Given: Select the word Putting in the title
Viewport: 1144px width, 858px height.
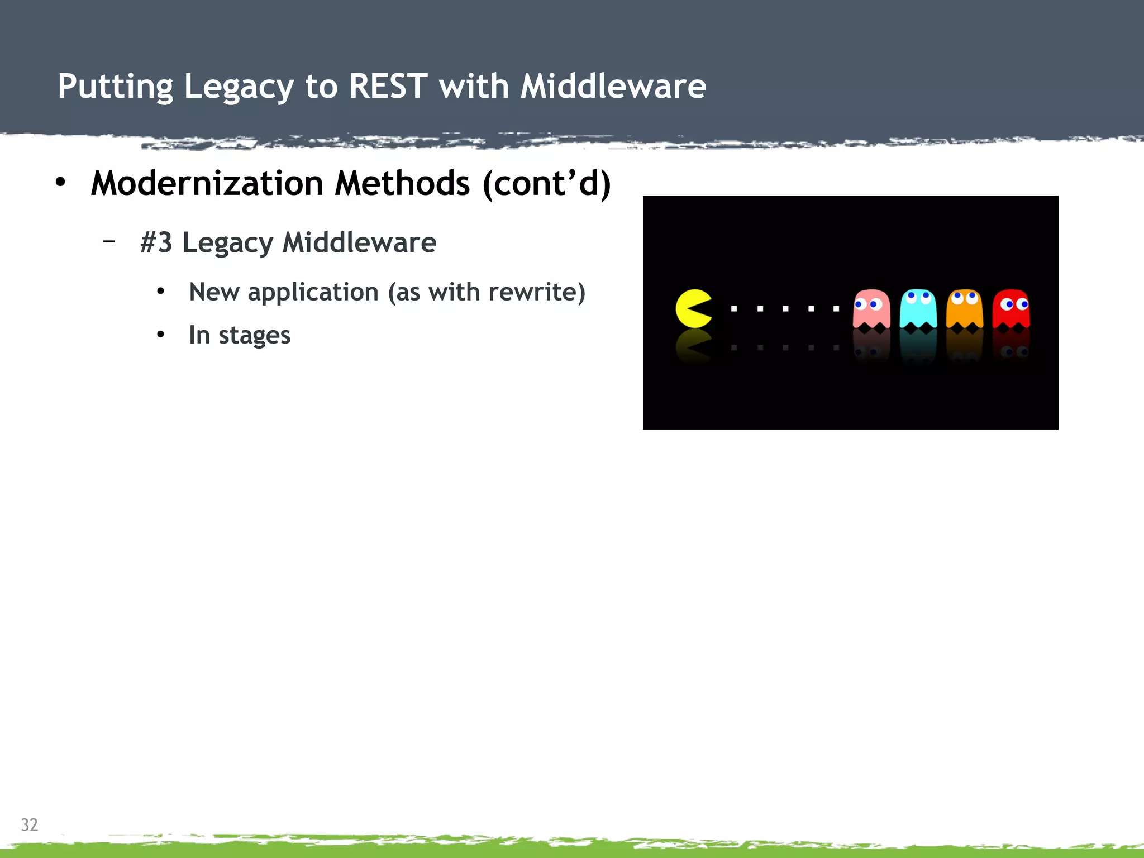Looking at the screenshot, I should pos(115,88).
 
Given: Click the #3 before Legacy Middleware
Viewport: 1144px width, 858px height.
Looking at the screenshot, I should pos(156,242).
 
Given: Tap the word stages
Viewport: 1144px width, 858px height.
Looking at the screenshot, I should pos(254,336).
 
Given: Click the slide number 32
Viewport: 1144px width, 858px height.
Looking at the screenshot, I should pos(30,824).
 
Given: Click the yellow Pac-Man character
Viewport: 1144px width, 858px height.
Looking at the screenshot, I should pos(693,308).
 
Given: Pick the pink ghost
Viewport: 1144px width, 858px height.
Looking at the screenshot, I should pos(871,308).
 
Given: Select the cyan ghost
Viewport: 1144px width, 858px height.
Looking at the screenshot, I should pos(918,308).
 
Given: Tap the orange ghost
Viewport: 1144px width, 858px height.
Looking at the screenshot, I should pos(964,308).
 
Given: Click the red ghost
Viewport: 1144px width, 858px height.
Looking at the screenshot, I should pos(1011,308).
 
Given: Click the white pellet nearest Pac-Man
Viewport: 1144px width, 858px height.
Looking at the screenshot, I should pos(734,308).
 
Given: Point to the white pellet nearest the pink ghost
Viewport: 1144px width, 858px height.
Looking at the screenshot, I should pos(836,308).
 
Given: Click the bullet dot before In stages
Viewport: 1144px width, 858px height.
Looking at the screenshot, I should pos(161,335).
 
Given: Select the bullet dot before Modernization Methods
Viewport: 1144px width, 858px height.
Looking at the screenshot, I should pos(60,182).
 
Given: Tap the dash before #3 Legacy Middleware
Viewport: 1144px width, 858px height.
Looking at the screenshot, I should pos(109,241).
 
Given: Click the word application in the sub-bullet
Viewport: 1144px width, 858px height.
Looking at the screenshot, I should pos(313,292).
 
